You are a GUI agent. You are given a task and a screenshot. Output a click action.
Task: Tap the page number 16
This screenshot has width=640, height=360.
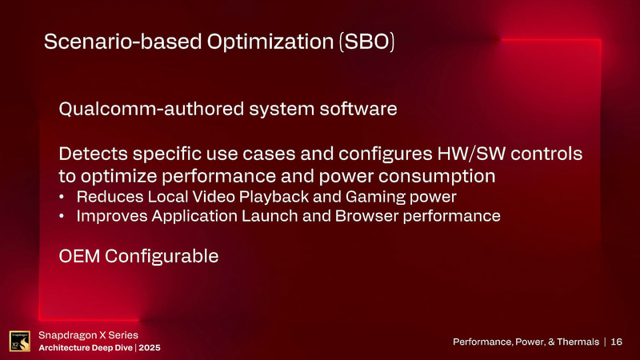click(x=617, y=342)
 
